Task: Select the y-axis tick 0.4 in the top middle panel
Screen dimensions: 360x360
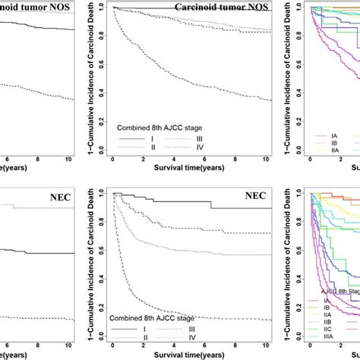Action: [102, 96]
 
